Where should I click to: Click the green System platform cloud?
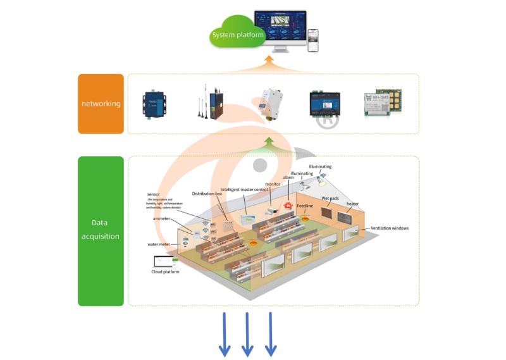(x=238, y=35)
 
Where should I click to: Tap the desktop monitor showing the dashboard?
(x=280, y=30)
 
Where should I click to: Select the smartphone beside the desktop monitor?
(x=313, y=40)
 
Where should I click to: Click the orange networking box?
(x=101, y=104)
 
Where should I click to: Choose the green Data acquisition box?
(x=101, y=231)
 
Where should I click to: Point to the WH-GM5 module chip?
(x=383, y=103)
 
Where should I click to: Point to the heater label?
(x=352, y=204)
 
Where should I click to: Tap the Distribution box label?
(x=207, y=193)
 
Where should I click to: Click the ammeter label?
(x=162, y=218)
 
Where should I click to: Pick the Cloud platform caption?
(x=165, y=271)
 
